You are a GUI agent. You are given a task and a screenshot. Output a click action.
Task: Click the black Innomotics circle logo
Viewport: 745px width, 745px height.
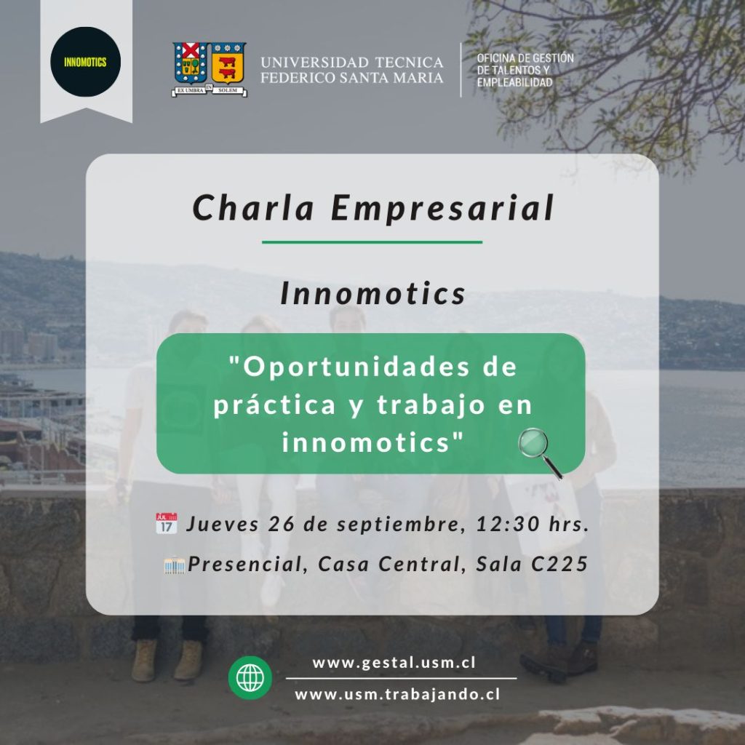86,62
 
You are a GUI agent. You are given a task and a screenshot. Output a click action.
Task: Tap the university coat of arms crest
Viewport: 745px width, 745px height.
209,69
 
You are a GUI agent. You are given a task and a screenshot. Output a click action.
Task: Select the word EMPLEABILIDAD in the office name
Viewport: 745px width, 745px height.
514,82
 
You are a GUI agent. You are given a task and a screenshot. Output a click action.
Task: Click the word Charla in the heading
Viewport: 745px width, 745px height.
253,207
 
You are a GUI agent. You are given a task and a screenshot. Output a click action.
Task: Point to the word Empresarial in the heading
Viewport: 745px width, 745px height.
442,209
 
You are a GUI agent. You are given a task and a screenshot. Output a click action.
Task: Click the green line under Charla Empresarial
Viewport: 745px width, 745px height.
372,242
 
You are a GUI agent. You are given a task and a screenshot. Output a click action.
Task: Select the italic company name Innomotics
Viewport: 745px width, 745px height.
373,293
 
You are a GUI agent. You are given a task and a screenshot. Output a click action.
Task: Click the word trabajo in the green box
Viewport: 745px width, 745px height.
432,405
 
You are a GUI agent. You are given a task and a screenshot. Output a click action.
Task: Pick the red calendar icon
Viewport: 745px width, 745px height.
167,523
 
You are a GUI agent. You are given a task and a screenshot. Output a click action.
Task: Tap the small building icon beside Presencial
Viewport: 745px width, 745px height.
175,565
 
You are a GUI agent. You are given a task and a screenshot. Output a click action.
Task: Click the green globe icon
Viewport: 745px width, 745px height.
250,677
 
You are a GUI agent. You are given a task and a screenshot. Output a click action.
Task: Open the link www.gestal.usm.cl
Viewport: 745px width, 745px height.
394,663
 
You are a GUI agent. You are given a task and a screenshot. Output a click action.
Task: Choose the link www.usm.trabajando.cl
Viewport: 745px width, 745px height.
397,695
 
